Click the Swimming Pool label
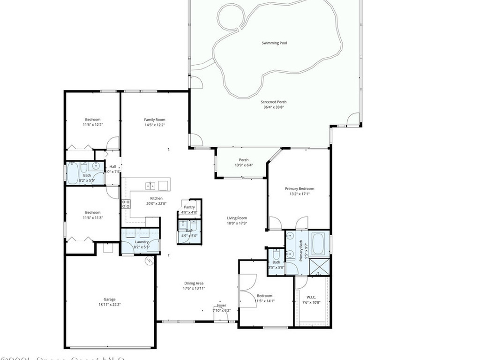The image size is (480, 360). pos(274,43)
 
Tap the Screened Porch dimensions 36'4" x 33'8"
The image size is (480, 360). pos(274,107)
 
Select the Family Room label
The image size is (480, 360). pos(154,120)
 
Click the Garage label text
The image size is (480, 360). pos(109,299)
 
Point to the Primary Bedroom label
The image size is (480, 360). pos(300,188)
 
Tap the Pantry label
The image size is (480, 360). pos(189,207)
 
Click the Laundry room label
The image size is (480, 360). pos(142,241)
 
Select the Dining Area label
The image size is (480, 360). pos(194,283)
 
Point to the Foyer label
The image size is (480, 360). pos(222,305)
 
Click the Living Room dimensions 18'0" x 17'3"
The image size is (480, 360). pos(237,223)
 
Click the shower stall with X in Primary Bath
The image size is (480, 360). pos(321,267)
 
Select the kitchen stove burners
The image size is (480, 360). pos(126,204)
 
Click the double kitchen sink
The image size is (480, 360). pos(150,186)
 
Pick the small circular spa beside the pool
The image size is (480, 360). pos(230,17)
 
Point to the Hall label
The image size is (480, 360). pos(112,166)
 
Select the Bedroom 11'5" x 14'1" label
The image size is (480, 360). pos(264,296)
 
